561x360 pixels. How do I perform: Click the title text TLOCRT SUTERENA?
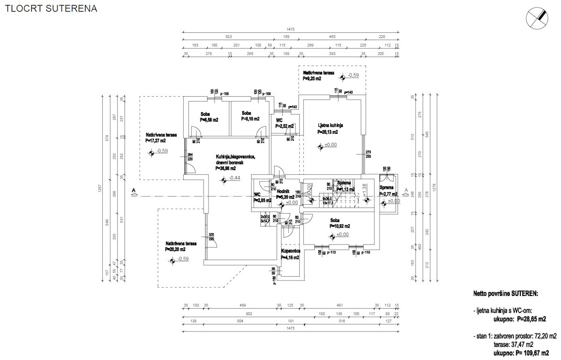click(x=51, y=9)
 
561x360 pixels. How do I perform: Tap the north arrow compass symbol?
click(x=537, y=18)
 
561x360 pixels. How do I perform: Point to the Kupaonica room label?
click(x=290, y=251)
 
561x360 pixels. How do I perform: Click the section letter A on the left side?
click(x=134, y=190)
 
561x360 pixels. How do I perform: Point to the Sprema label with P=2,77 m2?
click(x=388, y=191)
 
